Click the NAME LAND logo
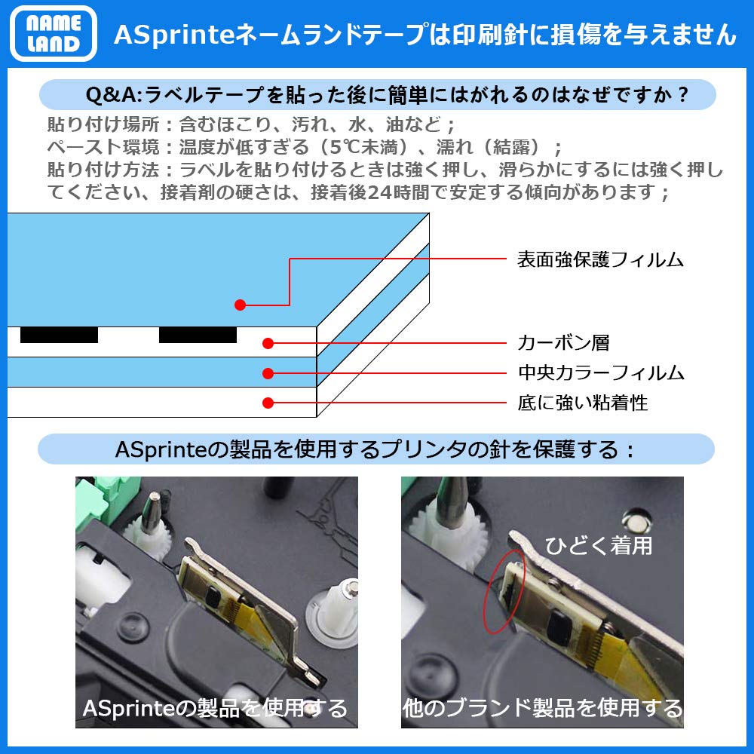(54, 33)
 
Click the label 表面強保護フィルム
(600, 260)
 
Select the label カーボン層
(563, 343)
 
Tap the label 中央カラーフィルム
(600, 372)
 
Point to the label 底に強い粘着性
(583, 403)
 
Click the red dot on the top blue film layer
(240, 305)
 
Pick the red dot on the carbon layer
(268, 344)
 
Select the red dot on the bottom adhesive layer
(268, 403)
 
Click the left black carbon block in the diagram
(59, 336)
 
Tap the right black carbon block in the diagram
(198, 336)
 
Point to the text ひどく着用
(599, 545)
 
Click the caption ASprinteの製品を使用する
(215, 709)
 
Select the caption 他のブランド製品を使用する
(542, 709)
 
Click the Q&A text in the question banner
(113, 96)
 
